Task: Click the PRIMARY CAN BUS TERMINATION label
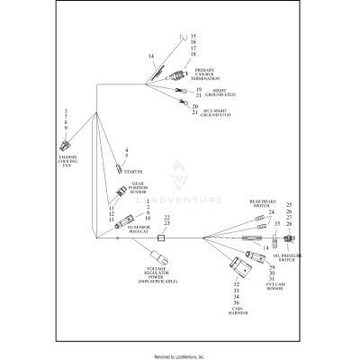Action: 204,74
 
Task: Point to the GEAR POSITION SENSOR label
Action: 137,186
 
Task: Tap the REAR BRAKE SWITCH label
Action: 261,207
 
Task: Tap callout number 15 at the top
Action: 193,35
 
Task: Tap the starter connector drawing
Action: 118,168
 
